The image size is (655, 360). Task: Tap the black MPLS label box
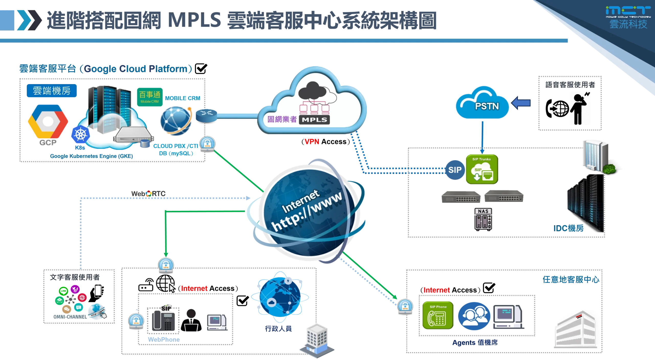click(314, 119)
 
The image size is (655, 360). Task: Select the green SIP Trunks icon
click(482, 169)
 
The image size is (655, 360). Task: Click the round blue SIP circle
click(455, 170)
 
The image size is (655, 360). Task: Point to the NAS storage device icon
click(483, 219)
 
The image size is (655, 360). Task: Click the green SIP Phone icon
click(438, 315)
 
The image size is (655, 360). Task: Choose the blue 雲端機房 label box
click(52, 91)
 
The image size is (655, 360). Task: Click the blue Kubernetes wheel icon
click(81, 135)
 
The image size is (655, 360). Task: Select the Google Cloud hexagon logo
click(48, 122)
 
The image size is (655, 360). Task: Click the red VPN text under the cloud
click(312, 141)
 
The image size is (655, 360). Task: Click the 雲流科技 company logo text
click(628, 24)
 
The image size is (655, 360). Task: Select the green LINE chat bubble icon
click(63, 291)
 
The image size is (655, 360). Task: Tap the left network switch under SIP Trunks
click(461, 197)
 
